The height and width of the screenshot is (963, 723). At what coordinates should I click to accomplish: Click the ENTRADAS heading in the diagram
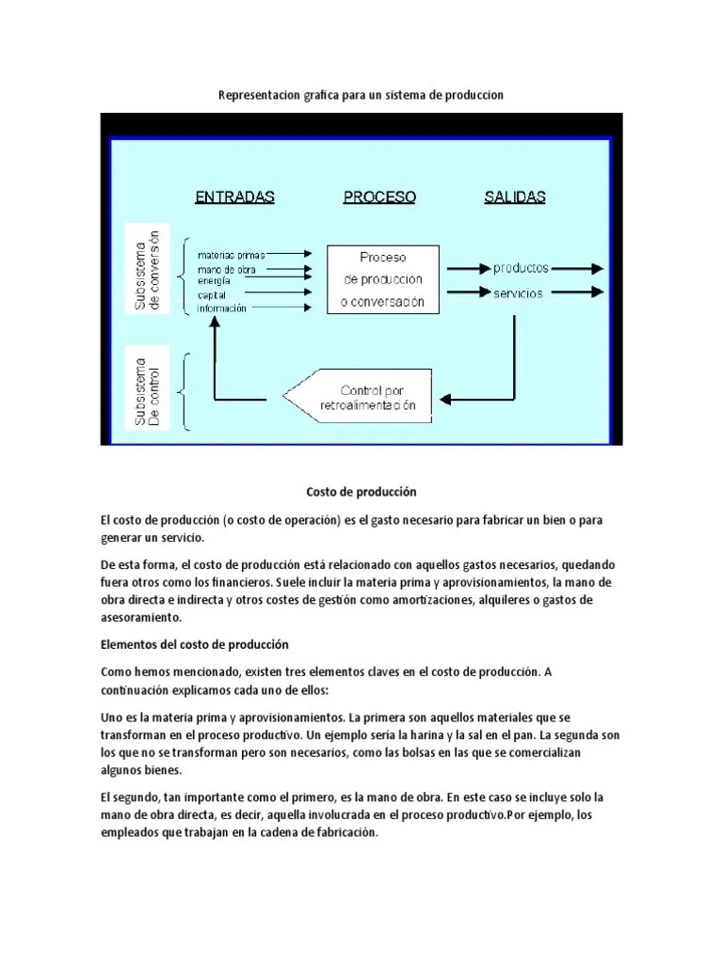234,197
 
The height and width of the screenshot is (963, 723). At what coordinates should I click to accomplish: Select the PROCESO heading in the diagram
379,197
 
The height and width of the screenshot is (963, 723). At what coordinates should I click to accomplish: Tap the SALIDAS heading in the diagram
515,197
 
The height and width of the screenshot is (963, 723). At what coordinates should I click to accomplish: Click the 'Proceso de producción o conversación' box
383,279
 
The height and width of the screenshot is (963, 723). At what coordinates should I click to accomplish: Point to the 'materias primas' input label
232,255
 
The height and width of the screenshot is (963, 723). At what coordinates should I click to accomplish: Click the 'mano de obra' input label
226,269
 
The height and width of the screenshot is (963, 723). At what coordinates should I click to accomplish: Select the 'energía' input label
214,280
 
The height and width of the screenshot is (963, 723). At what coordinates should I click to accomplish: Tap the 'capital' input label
212,294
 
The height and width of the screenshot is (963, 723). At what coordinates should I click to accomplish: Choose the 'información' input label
222,308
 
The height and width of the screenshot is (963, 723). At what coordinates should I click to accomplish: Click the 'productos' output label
521,268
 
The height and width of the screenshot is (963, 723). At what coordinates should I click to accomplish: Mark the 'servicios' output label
518,293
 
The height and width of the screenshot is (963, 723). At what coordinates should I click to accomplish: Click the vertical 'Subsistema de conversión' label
147,269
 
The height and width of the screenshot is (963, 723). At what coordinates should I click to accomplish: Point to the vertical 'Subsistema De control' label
147,392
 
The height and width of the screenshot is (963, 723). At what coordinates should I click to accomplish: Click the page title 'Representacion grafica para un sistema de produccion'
361,95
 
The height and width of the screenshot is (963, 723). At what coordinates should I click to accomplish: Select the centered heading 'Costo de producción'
361,492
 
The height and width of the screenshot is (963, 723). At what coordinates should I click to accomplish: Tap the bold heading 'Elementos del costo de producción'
194,644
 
